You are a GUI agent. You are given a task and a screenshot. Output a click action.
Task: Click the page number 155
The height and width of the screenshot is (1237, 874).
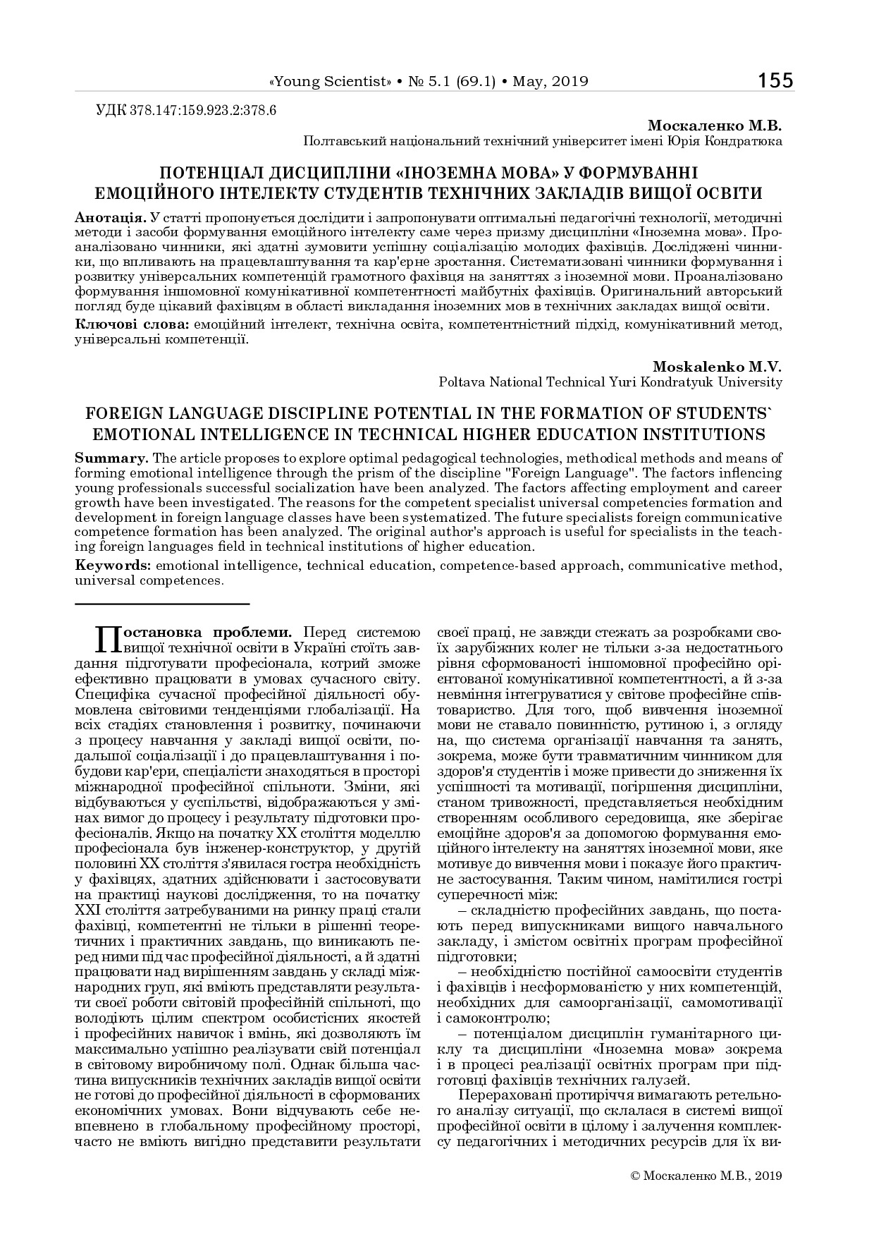(x=775, y=80)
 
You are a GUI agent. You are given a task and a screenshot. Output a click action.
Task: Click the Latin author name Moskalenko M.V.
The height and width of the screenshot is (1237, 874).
(x=718, y=367)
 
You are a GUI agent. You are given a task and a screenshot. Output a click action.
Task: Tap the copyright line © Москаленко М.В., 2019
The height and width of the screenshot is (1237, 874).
(x=706, y=1176)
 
